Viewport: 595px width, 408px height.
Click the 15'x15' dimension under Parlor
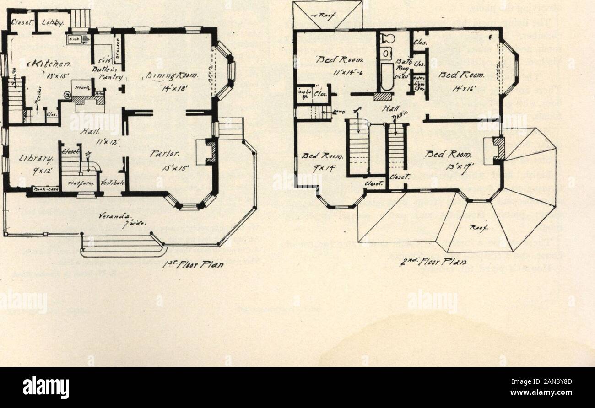(x=172, y=167)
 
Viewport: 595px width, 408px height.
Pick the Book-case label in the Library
(x=43, y=189)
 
